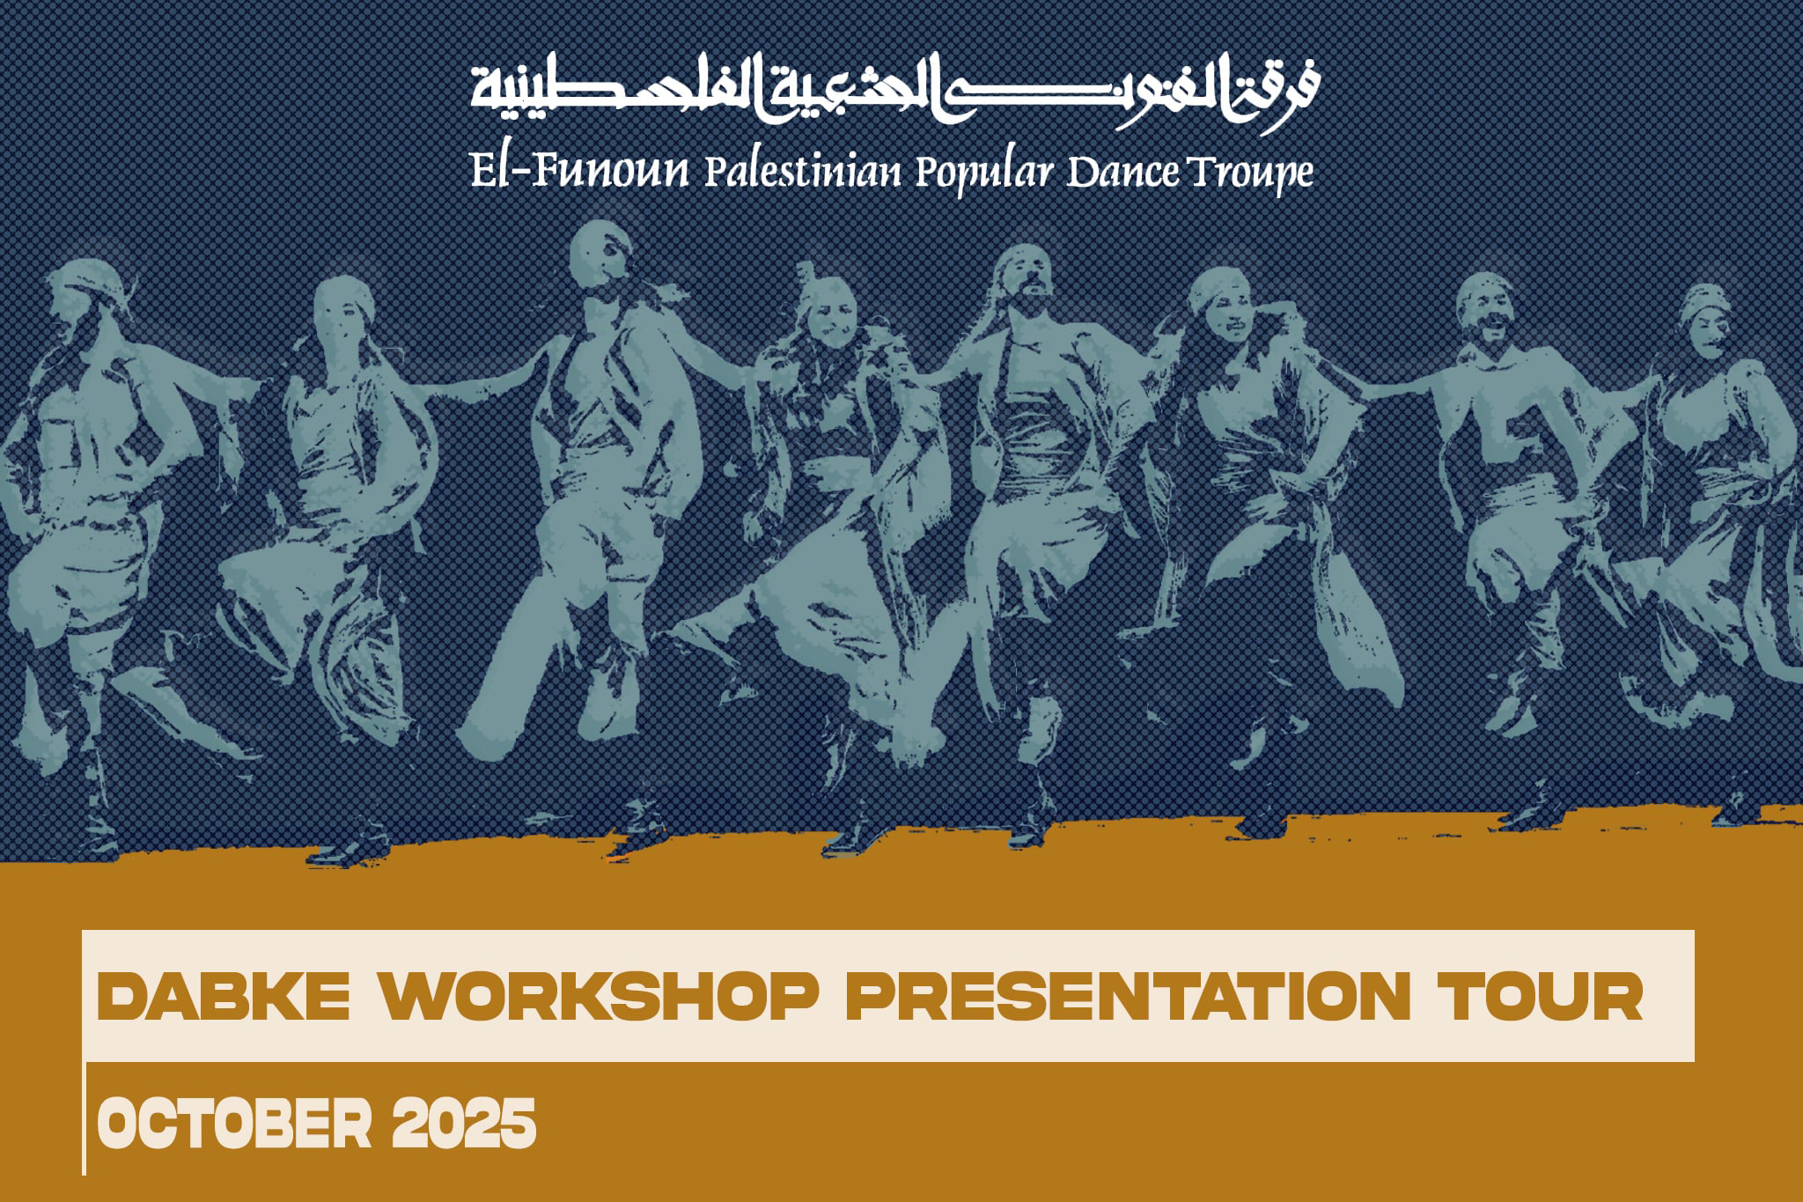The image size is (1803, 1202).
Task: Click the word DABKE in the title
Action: coord(223,996)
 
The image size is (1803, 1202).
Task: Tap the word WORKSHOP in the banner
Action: coord(600,996)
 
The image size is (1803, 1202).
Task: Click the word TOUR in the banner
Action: coord(1541,996)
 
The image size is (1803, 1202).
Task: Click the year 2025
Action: coord(464,1123)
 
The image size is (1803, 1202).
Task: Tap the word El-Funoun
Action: coord(579,170)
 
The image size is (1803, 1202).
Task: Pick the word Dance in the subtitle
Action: coord(1122,172)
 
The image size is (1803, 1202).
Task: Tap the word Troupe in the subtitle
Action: coord(1250,173)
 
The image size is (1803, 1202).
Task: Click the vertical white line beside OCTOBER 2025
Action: coord(85,1118)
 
